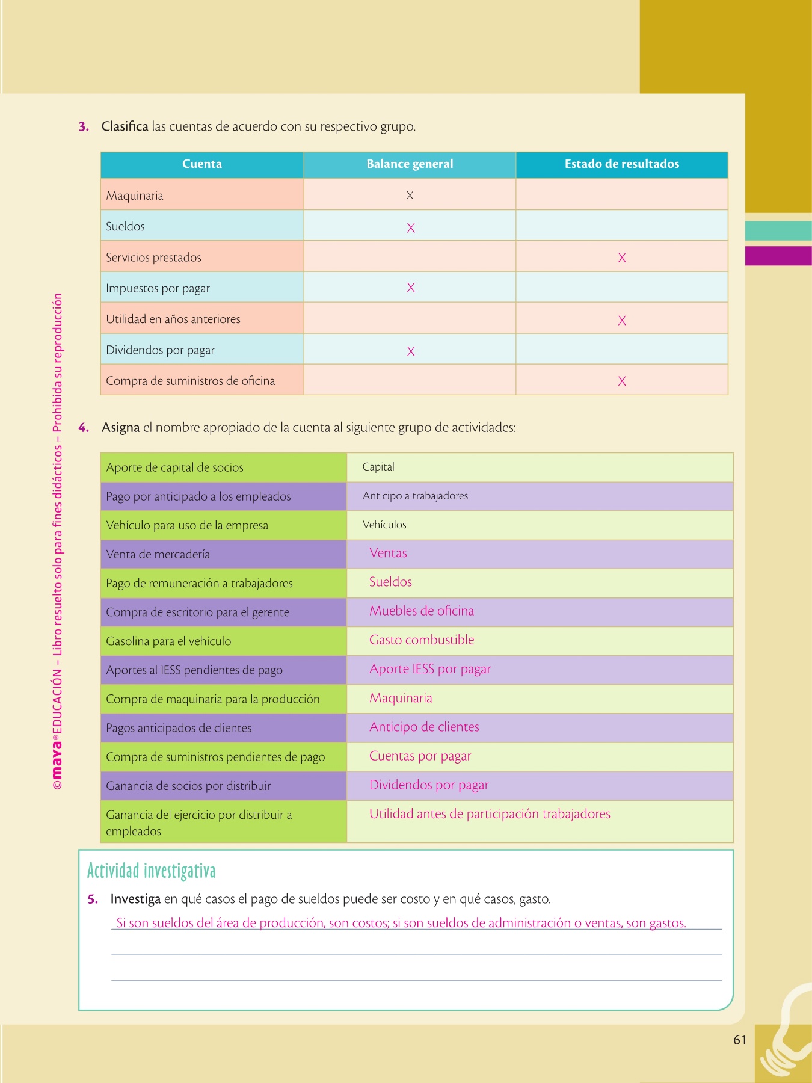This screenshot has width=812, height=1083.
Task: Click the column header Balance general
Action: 410,164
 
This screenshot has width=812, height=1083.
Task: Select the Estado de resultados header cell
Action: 621,164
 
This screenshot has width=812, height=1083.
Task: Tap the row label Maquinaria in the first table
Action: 135,196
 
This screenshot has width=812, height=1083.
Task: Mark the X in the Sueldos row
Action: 411,228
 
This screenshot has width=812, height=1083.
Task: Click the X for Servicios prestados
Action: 622,258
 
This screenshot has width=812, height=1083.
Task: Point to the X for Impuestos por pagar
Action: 411,288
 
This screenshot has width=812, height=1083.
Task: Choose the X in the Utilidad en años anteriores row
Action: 622,321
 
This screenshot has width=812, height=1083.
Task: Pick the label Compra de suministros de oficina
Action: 190,381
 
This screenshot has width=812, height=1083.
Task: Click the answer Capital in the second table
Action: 378,467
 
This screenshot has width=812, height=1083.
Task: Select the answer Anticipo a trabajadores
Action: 415,496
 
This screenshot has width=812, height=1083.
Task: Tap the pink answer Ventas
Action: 388,554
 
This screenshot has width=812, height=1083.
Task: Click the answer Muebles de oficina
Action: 422,611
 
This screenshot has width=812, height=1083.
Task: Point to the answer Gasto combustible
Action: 422,640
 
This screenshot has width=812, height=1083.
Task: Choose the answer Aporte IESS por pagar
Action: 430,669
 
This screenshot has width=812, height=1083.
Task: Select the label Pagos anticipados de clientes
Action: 179,728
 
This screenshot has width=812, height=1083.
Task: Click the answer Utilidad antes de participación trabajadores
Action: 490,814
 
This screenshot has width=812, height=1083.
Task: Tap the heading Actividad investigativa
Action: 151,871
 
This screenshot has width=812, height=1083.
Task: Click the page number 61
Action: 740,1040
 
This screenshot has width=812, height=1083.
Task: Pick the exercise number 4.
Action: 84,428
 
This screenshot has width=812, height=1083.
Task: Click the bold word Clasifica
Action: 125,127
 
